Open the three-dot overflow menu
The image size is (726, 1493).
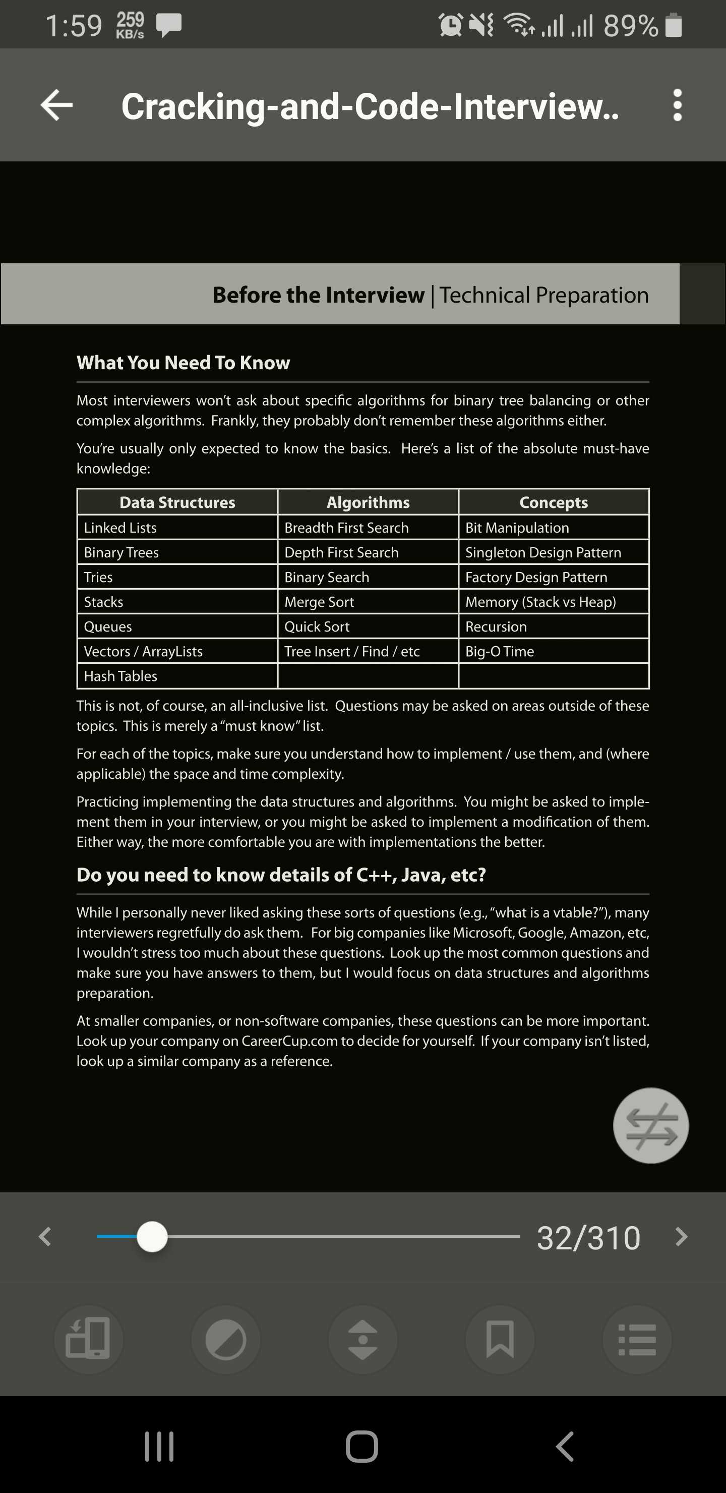[x=677, y=105]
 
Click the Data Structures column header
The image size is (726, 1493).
[x=177, y=502]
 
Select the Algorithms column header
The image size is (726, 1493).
[x=368, y=502]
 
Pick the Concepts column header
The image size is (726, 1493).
[x=554, y=502]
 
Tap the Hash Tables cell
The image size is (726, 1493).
[x=120, y=676]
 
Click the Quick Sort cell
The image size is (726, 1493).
[x=317, y=626]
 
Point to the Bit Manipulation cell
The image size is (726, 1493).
[x=517, y=528]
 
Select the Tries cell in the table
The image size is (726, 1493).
[x=98, y=577]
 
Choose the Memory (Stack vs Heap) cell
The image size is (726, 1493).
[x=540, y=602]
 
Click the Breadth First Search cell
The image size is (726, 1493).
[x=346, y=528]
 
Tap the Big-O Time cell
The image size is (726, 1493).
[x=500, y=652]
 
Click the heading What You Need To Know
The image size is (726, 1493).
[x=183, y=363]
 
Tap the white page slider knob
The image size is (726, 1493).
[x=152, y=1236]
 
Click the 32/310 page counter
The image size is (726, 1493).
[x=588, y=1237]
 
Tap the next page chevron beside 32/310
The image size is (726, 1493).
[x=682, y=1236]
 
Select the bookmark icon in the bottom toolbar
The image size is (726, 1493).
[x=500, y=1339]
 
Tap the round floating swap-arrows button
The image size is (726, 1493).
[x=651, y=1125]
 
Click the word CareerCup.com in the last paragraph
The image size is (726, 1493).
[x=289, y=1041]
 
